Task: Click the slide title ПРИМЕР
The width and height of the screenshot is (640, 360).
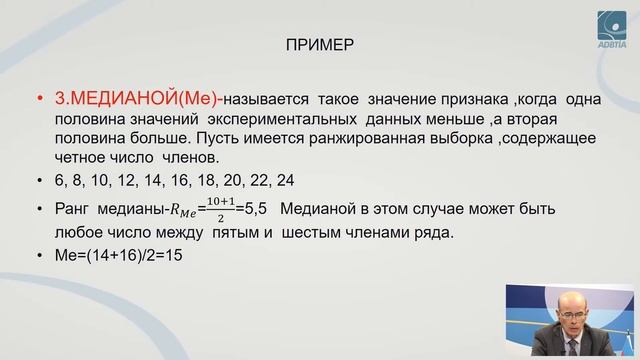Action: click(320, 46)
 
